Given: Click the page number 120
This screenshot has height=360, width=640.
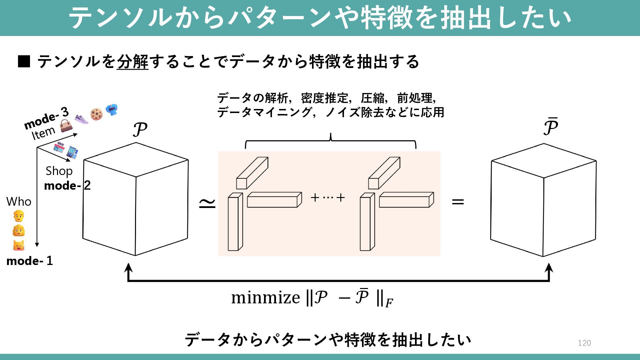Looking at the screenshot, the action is click(x=584, y=343).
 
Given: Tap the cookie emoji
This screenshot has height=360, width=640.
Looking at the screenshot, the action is click(x=96, y=114).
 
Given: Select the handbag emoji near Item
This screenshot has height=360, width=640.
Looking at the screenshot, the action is click(x=66, y=125).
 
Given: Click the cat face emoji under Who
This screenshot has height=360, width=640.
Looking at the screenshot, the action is click(x=19, y=246).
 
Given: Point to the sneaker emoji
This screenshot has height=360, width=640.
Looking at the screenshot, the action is click(x=81, y=119).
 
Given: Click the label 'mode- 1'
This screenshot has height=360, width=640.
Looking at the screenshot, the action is click(x=29, y=261).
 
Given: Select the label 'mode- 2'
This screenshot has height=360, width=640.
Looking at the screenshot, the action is click(x=67, y=185).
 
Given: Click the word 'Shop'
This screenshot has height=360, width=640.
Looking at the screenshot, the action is click(x=59, y=171).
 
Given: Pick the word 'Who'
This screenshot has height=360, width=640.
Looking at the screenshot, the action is click(x=19, y=202).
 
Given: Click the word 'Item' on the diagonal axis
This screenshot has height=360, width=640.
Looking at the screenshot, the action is click(x=43, y=133).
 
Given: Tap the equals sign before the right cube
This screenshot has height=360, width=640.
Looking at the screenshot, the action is click(x=458, y=201).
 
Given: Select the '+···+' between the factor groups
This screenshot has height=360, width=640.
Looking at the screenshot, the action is click(x=328, y=198).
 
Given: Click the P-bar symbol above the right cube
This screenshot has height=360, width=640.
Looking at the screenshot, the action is click(x=550, y=127).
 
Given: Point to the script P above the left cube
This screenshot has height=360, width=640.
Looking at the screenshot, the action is click(x=140, y=130).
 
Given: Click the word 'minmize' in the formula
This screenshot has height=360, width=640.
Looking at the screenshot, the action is click(x=265, y=297).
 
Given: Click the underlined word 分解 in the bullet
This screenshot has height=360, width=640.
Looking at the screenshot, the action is click(x=132, y=62).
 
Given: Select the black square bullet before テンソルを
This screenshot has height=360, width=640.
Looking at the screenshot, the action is click(x=24, y=62).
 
